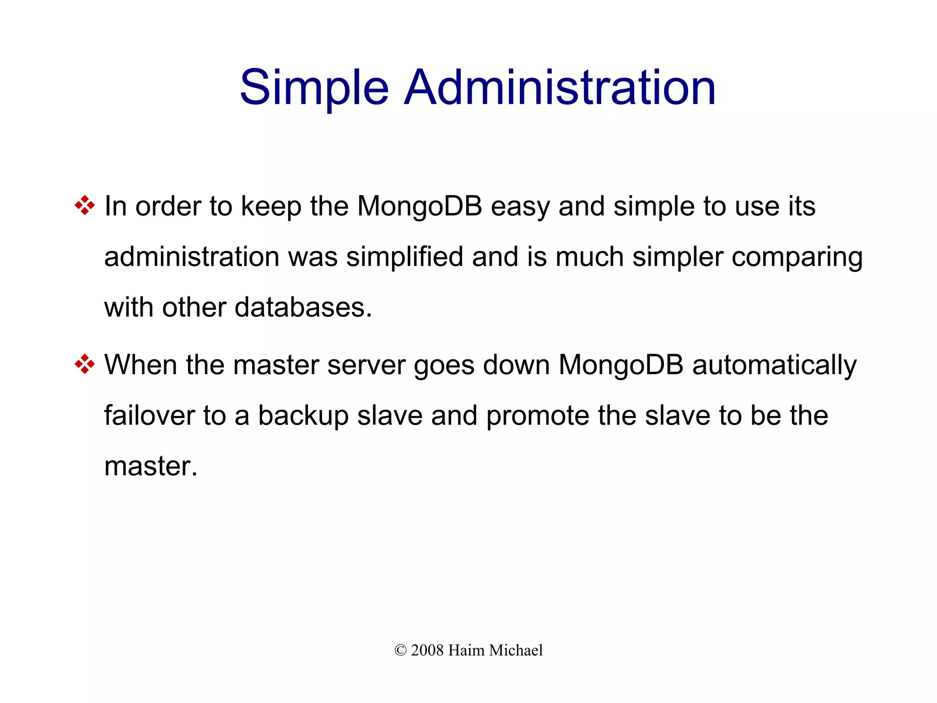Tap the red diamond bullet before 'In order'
coord(85,205)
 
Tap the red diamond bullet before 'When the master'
coord(85,364)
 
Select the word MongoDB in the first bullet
coord(420,206)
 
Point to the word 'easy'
coord(520,207)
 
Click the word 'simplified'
coord(404,256)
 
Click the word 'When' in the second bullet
coord(140,365)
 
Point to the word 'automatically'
coord(774,366)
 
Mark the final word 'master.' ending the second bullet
coord(151,466)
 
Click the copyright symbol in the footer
coord(400,650)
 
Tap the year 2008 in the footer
coord(427,650)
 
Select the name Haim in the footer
coord(466,650)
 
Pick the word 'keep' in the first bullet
coord(271,207)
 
